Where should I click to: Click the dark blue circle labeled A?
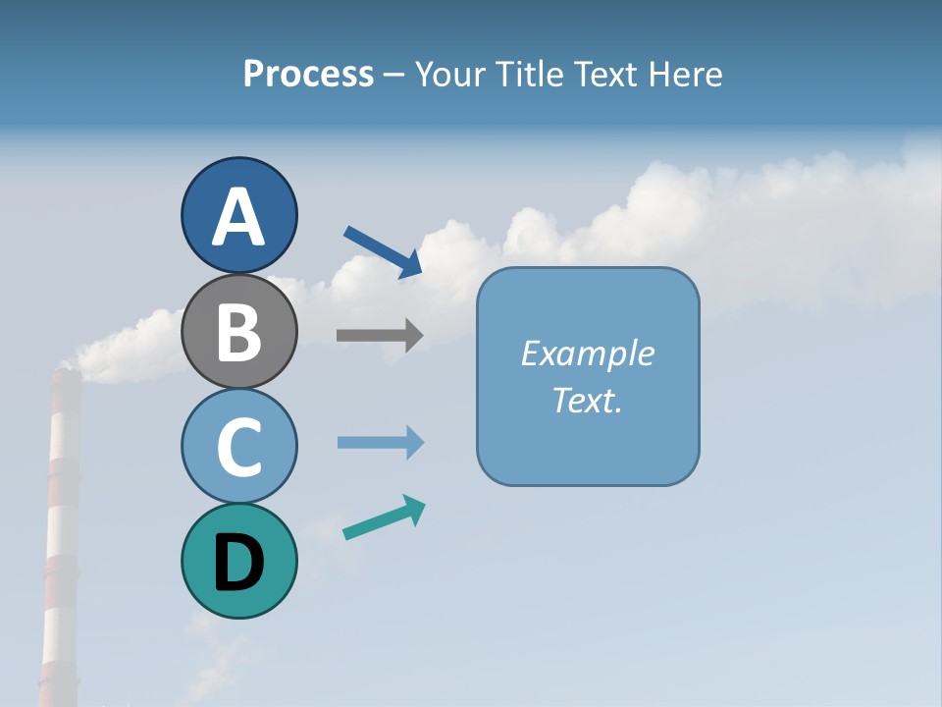pyautogui.click(x=238, y=215)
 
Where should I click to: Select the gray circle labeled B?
pyautogui.click(x=238, y=331)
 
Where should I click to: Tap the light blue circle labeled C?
pyautogui.click(x=238, y=446)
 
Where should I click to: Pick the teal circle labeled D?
pyautogui.click(x=238, y=561)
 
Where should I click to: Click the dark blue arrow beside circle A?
pyautogui.click(x=382, y=251)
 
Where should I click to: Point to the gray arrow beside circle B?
pyautogui.click(x=379, y=336)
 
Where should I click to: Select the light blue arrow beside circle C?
pyautogui.click(x=380, y=443)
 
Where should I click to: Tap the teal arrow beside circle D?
pyautogui.click(x=383, y=518)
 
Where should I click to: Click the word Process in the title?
pyautogui.click(x=308, y=75)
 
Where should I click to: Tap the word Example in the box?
pyautogui.click(x=587, y=353)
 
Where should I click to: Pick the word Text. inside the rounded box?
pyautogui.click(x=587, y=400)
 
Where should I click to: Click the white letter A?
pyautogui.click(x=238, y=217)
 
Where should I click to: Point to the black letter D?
pyautogui.click(x=238, y=563)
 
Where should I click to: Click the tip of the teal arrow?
pyautogui.click(x=423, y=504)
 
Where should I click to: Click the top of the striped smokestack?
pyautogui.click(x=66, y=374)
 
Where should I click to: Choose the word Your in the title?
pyautogui.click(x=449, y=75)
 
